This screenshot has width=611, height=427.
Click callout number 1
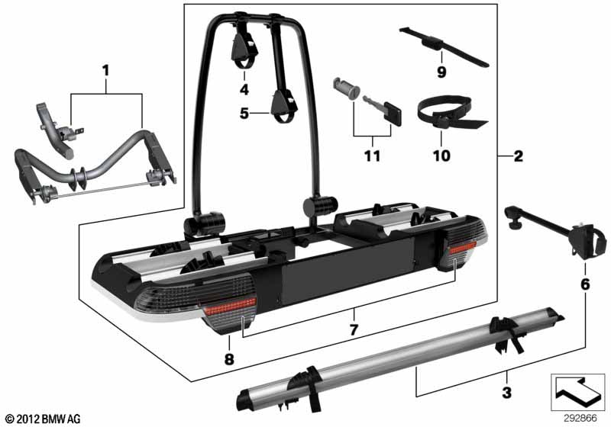(x=105, y=71)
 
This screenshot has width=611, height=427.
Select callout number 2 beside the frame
(x=519, y=156)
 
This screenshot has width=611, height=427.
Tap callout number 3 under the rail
(x=506, y=393)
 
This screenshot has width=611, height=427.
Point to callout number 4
(x=244, y=90)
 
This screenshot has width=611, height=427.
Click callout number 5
(x=244, y=114)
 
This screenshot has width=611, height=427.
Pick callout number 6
(x=585, y=284)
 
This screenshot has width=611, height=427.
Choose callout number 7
(x=354, y=330)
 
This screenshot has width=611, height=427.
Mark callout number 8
(x=229, y=359)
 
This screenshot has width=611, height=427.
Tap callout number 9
(x=441, y=72)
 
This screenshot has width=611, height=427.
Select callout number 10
(x=441, y=156)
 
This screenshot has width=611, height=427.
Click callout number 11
(x=372, y=156)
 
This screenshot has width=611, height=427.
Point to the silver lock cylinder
(x=344, y=89)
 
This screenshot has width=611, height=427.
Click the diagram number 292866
(x=580, y=419)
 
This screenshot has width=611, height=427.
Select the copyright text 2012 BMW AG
(x=43, y=419)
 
